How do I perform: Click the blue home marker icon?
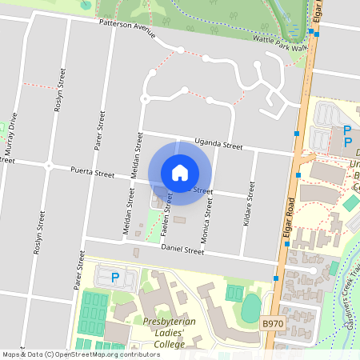pos(180,172)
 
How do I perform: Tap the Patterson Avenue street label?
pos(126,26)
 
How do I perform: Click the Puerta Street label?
pos(92,171)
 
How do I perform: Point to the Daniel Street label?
pos(182,250)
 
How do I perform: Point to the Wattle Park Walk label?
pos(280,42)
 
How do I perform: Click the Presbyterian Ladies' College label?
pos(159,332)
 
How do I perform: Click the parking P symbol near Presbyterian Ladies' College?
pos(114,278)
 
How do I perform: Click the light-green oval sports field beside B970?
pos(251,306)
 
